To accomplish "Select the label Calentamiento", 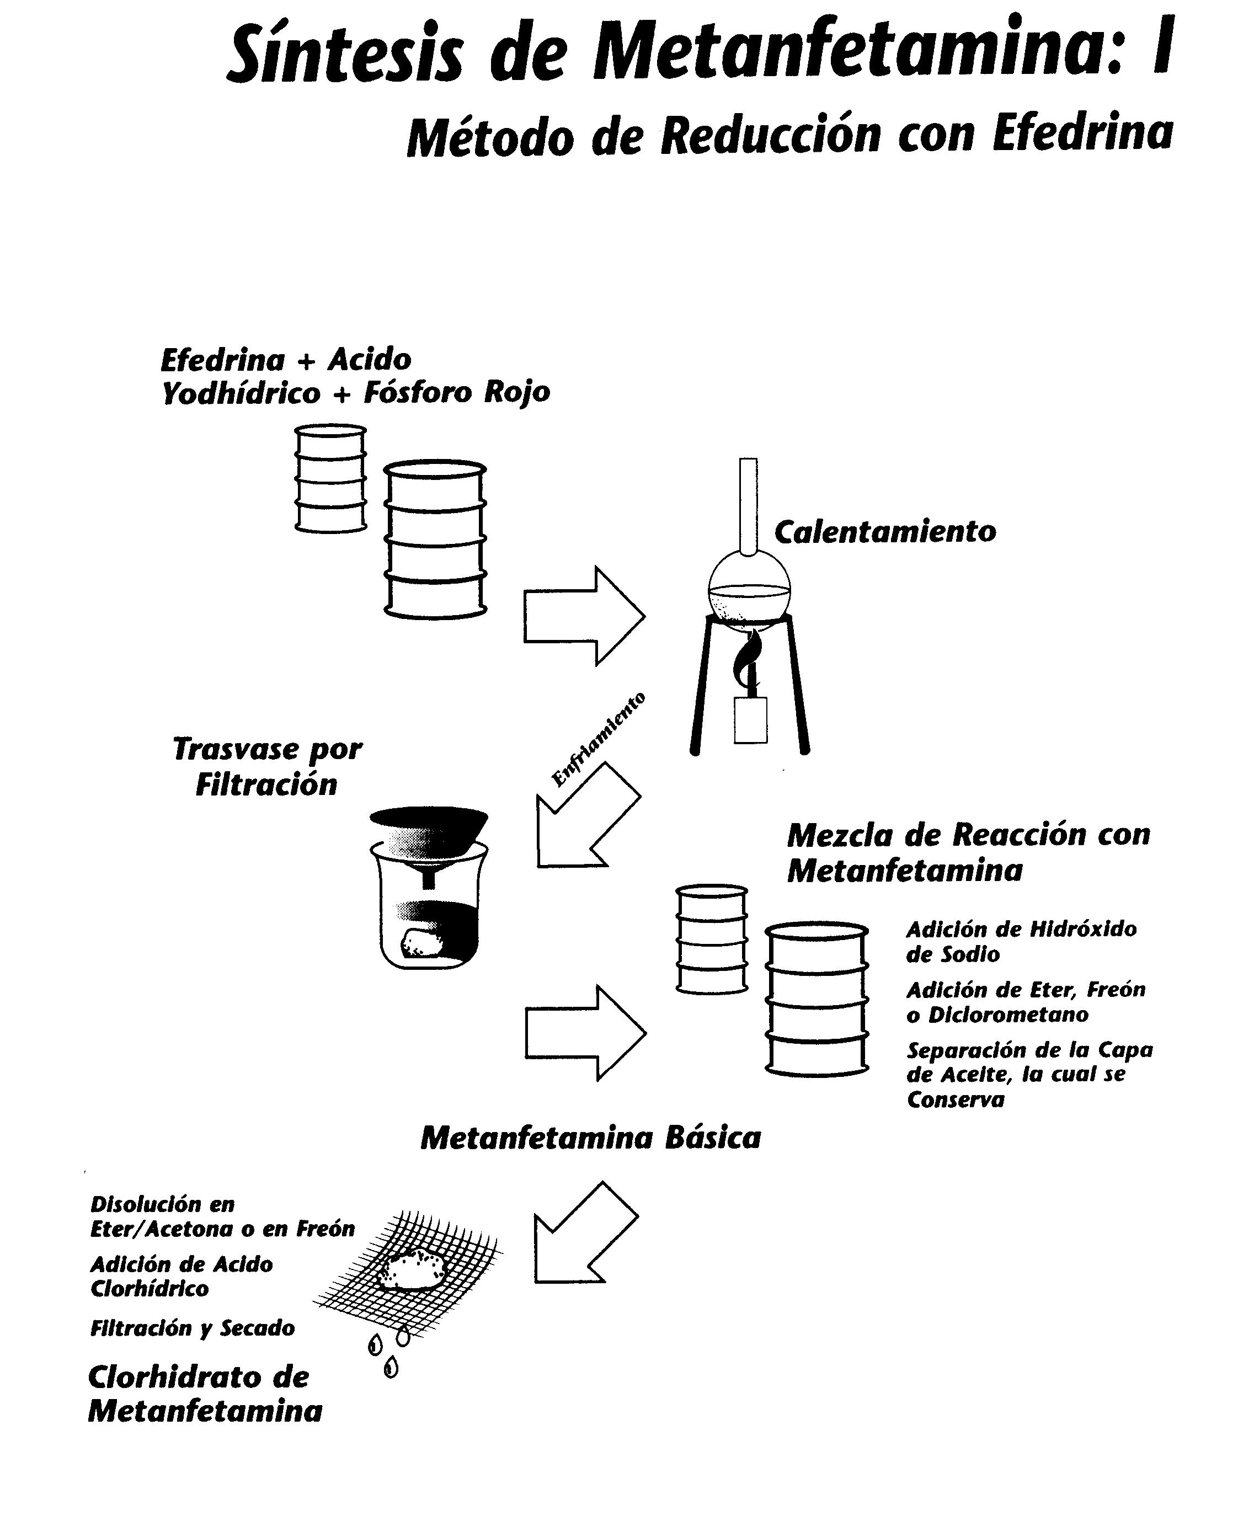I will (885, 532).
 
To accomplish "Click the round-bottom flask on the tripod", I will (749, 586).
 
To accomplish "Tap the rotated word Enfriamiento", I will (598, 738).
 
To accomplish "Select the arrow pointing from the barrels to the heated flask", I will (584, 616).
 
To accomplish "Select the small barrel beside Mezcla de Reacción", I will (712, 939).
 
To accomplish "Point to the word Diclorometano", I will (1007, 1015).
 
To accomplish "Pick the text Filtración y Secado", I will (192, 1327).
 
